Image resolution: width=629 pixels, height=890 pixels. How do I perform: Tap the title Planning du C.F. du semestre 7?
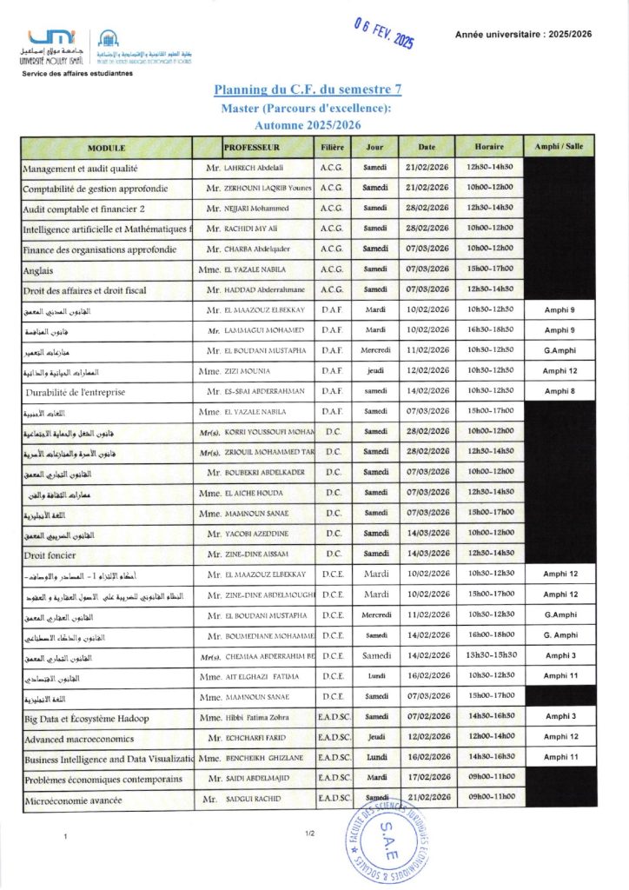click(x=308, y=90)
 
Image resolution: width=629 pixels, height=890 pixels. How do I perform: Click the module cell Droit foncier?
click(x=50, y=554)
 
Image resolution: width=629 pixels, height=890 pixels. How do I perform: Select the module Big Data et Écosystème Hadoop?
click(x=86, y=718)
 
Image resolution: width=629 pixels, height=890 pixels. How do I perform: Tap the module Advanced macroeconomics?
click(x=79, y=739)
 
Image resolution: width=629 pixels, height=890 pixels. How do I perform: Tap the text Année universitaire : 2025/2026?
click(x=526, y=34)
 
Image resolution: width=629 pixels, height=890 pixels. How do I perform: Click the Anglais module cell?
click(x=39, y=270)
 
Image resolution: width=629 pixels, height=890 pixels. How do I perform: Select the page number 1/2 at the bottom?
click(x=308, y=834)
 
